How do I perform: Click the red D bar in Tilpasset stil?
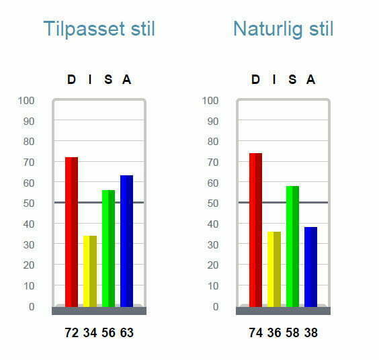pyautogui.click(x=71, y=232)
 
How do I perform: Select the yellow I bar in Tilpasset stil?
pyautogui.click(x=89, y=271)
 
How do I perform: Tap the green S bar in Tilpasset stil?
pyautogui.click(x=108, y=248)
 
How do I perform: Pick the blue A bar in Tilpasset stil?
pyautogui.click(x=126, y=240)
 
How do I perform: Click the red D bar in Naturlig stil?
pyautogui.click(x=255, y=230)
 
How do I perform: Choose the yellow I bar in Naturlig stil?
pyautogui.click(x=273, y=269)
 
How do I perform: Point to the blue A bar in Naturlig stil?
pyautogui.click(x=310, y=267)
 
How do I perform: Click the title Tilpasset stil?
pyautogui.click(x=99, y=29)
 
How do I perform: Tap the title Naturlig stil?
pyautogui.click(x=283, y=29)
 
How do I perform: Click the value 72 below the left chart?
pyautogui.click(x=72, y=332)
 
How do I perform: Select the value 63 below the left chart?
pyautogui.click(x=126, y=332)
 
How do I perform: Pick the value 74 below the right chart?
pyautogui.click(x=256, y=332)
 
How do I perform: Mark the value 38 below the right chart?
pyautogui.click(x=310, y=332)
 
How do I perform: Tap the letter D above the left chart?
pyautogui.click(x=71, y=80)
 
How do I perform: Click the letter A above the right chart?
pyautogui.click(x=310, y=80)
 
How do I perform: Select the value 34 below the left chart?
pyautogui.click(x=90, y=332)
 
